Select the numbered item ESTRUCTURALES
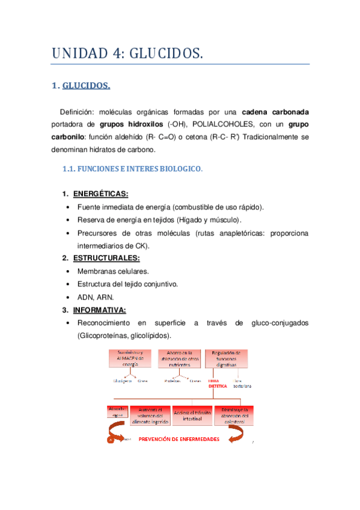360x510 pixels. (x=106, y=258)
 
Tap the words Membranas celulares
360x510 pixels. (x=113, y=271)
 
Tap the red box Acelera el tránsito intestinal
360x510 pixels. (x=194, y=416)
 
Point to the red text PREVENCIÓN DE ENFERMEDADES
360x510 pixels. (x=179, y=439)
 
